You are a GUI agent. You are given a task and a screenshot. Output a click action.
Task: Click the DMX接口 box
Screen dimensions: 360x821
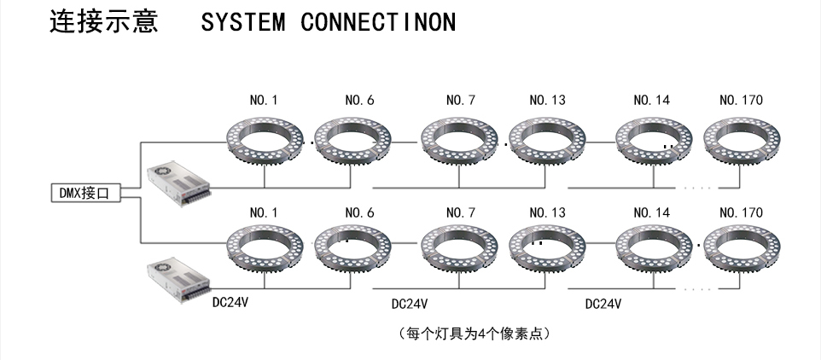click(x=84, y=194)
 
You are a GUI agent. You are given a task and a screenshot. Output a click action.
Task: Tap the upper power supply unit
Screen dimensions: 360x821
click(x=177, y=183)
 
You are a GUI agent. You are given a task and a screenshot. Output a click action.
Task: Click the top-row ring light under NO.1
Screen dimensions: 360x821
click(x=264, y=139)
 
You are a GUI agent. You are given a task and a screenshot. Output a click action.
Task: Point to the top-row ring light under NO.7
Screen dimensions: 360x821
click(x=460, y=139)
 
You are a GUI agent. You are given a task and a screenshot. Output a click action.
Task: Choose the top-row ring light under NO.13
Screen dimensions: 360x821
click(x=547, y=139)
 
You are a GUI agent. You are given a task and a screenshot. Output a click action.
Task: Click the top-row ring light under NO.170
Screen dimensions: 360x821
click(x=741, y=139)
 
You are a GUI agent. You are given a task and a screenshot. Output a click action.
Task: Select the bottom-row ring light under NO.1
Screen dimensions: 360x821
click(x=264, y=249)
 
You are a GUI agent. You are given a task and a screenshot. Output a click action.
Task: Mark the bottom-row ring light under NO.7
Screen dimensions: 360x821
click(x=460, y=249)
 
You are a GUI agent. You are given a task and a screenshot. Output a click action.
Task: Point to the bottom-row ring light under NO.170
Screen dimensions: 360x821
click(x=741, y=249)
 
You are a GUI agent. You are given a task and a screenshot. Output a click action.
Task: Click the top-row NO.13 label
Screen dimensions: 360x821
click(x=547, y=101)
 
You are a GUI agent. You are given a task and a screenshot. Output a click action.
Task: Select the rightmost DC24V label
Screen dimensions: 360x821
click(x=603, y=304)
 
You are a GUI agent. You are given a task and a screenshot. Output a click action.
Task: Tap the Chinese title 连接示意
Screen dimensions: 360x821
click(x=104, y=21)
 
